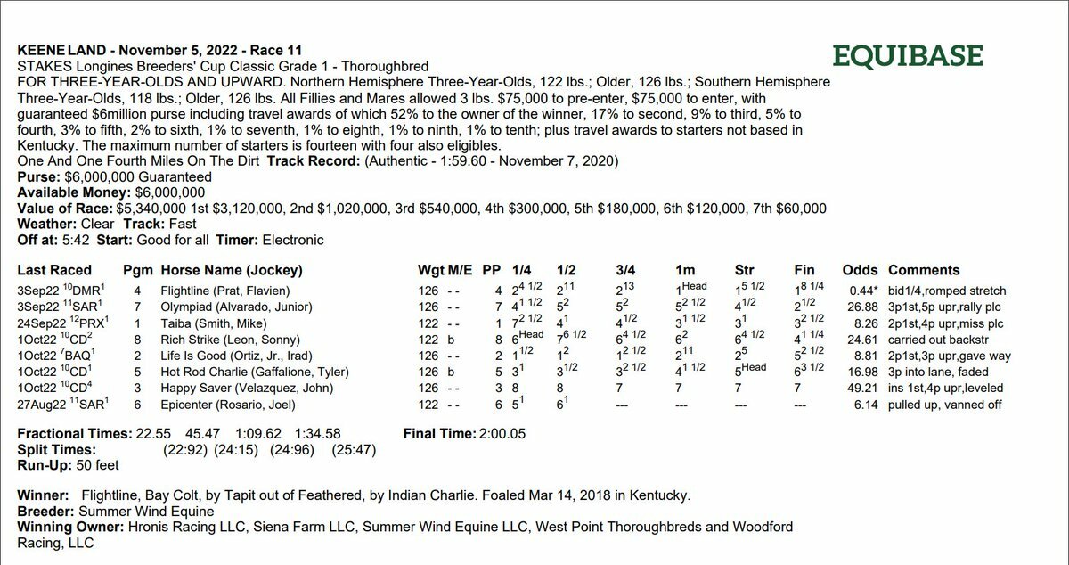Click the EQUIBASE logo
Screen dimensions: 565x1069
point(907,56)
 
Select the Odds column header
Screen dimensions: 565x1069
point(860,270)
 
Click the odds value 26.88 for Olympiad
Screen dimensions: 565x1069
point(860,307)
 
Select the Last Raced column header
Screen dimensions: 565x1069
point(54,270)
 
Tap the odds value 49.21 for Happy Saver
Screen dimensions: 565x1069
point(860,388)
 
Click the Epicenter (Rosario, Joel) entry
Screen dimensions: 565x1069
point(224,404)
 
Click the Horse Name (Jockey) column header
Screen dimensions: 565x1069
point(231,270)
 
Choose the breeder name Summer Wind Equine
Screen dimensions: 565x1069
point(146,512)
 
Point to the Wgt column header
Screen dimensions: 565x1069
point(429,270)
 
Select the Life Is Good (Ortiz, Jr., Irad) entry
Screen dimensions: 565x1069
point(236,355)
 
